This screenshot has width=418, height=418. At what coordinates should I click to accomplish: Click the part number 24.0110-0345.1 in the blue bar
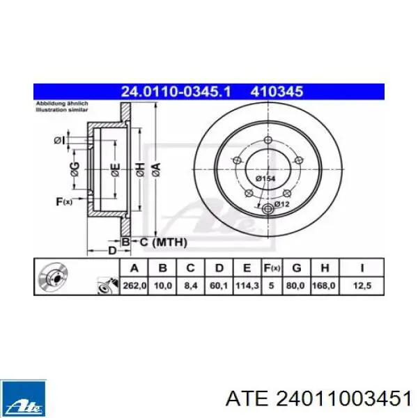pyautogui.click(x=176, y=91)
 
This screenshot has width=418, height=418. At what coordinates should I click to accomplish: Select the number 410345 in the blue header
pyautogui.click(x=277, y=91)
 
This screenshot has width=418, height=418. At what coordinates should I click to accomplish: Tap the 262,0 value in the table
pyautogui.click(x=134, y=286)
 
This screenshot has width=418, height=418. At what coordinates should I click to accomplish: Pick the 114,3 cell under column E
pyautogui.click(x=247, y=286)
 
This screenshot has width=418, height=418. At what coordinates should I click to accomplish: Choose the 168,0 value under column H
pyautogui.click(x=325, y=286)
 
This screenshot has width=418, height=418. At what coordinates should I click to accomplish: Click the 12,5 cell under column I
pyautogui.click(x=362, y=286)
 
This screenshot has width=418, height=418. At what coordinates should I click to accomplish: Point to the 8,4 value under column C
pyautogui.click(x=191, y=286)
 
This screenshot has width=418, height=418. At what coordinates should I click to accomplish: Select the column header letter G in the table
pyautogui.click(x=297, y=268)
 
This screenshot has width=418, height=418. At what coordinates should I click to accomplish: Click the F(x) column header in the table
pyautogui.click(x=272, y=268)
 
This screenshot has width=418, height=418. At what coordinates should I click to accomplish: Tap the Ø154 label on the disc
pyautogui.click(x=265, y=178)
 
